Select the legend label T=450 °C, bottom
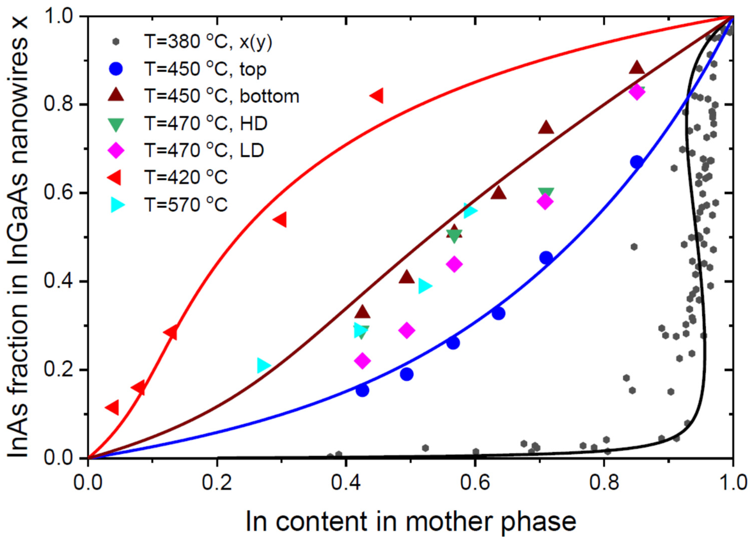point(222,96)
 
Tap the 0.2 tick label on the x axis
point(217,484)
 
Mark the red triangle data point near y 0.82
point(377,96)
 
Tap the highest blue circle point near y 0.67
point(636,162)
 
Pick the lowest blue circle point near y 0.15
point(362,390)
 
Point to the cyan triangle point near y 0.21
point(263,366)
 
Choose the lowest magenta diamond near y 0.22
point(362,361)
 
